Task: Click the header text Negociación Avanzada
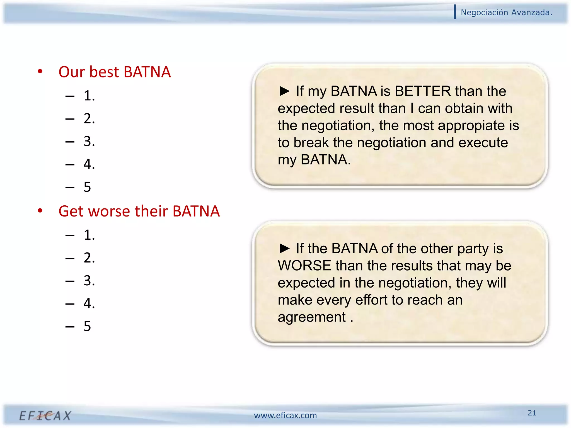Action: point(506,13)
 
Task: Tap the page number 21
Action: point(532,413)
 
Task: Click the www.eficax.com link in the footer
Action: point(285,415)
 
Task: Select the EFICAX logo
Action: point(45,416)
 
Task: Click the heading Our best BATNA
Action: point(114,72)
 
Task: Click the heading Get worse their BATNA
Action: point(139,211)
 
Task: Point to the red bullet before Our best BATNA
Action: point(40,71)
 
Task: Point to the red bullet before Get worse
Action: point(40,210)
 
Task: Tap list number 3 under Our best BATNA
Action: point(89,141)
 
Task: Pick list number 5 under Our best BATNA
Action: point(87,187)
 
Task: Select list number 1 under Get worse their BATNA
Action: point(89,235)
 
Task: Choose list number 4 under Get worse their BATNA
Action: point(89,303)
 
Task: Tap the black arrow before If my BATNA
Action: point(284,91)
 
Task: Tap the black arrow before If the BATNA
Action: point(284,248)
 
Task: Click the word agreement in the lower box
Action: point(311,317)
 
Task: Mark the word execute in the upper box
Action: point(483,143)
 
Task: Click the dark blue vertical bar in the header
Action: point(455,12)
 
